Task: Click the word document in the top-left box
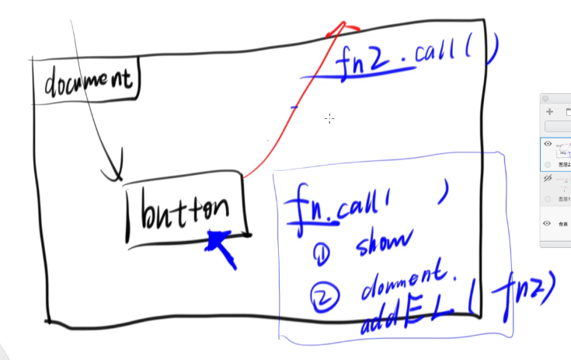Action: coord(87,80)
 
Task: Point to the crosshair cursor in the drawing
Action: coord(329,118)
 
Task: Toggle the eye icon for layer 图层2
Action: coord(548,144)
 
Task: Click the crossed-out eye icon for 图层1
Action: coord(548,178)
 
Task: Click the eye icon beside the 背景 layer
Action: coord(548,224)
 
